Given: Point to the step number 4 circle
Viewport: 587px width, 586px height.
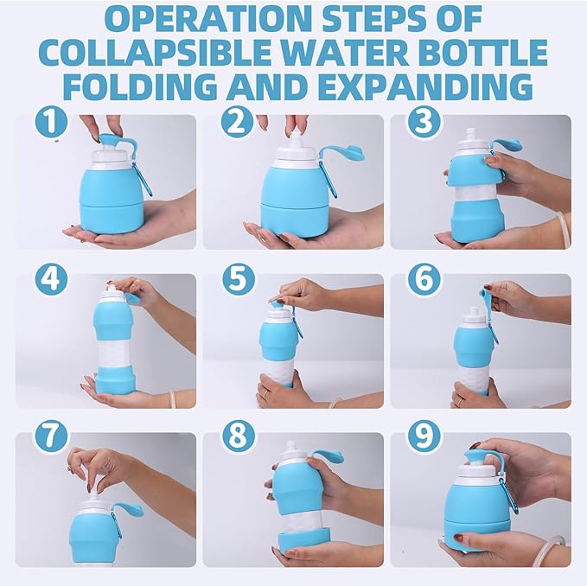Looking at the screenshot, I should [x=51, y=280].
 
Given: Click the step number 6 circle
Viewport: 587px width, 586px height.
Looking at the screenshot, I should [x=423, y=280].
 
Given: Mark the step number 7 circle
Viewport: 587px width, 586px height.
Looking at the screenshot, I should [x=51, y=436].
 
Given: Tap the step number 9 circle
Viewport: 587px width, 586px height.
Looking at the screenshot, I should [x=423, y=436].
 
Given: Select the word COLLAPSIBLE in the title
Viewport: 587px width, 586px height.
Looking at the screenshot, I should [x=175, y=54].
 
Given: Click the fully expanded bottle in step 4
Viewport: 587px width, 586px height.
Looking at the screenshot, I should [x=115, y=341].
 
